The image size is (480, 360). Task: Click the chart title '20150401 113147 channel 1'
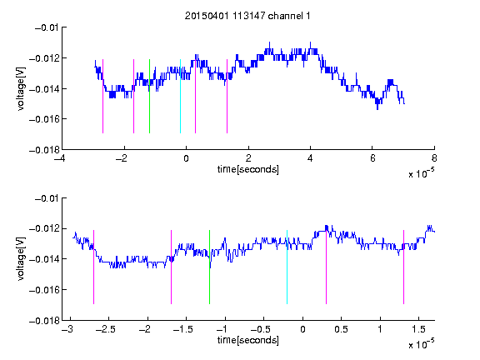coord(247,16)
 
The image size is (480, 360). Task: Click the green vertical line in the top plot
coord(149,96)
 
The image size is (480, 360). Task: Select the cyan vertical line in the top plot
coord(180,96)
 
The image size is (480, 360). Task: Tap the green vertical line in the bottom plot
coord(210,267)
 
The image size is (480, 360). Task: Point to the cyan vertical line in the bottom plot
coord(287,267)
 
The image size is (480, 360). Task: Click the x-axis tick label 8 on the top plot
coord(434,158)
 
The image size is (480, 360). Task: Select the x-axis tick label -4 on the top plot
coord(59,158)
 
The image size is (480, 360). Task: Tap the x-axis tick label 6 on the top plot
coord(372,158)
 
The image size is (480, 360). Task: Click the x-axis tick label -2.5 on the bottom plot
coord(105,329)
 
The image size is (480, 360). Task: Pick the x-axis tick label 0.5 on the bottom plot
coord(342,329)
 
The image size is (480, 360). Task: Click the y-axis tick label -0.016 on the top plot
coord(44,119)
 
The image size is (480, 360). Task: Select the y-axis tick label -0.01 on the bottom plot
coord(47,198)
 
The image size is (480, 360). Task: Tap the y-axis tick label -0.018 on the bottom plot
coord(44,321)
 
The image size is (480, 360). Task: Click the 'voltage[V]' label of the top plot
coord(21,89)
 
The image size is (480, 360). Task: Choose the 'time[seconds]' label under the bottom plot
coord(248,340)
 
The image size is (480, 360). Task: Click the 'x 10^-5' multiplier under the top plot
coord(421,173)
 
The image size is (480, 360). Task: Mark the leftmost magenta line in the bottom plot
coord(93,267)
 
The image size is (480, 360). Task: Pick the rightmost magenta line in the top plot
coord(227,96)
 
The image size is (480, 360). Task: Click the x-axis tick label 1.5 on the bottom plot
coord(418,329)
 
